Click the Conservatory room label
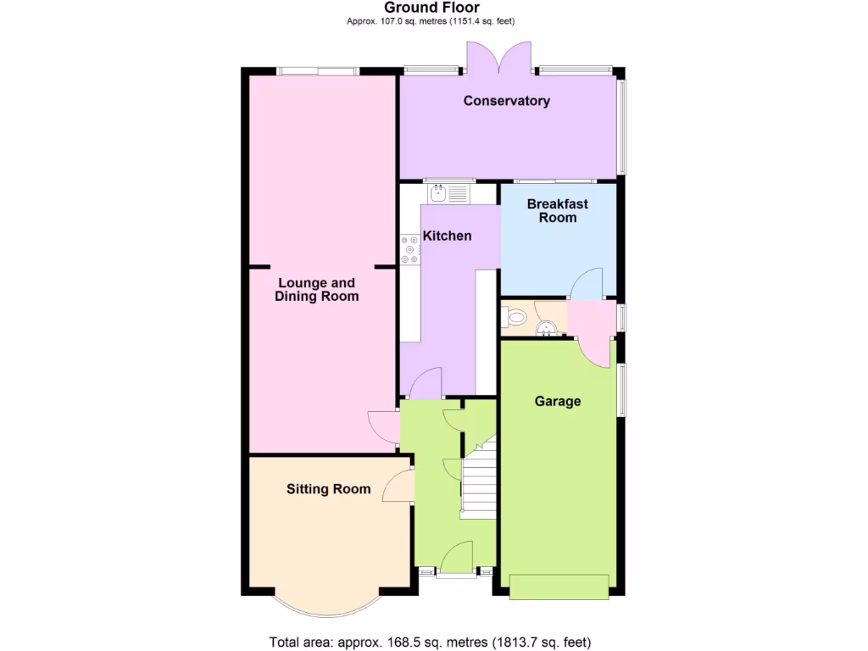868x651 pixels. (x=506, y=101)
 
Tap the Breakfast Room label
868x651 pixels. (x=557, y=210)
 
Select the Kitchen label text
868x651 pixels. (x=447, y=236)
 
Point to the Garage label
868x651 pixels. (x=557, y=401)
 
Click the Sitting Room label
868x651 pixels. (x=328, y=488)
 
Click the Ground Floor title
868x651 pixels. (x=431, y=8)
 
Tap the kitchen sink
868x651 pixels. (x=448, y=194)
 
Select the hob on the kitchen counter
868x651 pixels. (x=410, y=249)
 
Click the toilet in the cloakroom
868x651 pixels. (x=515, y=318)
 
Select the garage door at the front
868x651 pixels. (x=559, y=587)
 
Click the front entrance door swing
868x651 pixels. (x=459, y=557)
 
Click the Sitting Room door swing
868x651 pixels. (x=398, y=486)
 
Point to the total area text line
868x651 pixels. (x=430, y=641)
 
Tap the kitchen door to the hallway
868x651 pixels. (x=426, y=384)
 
